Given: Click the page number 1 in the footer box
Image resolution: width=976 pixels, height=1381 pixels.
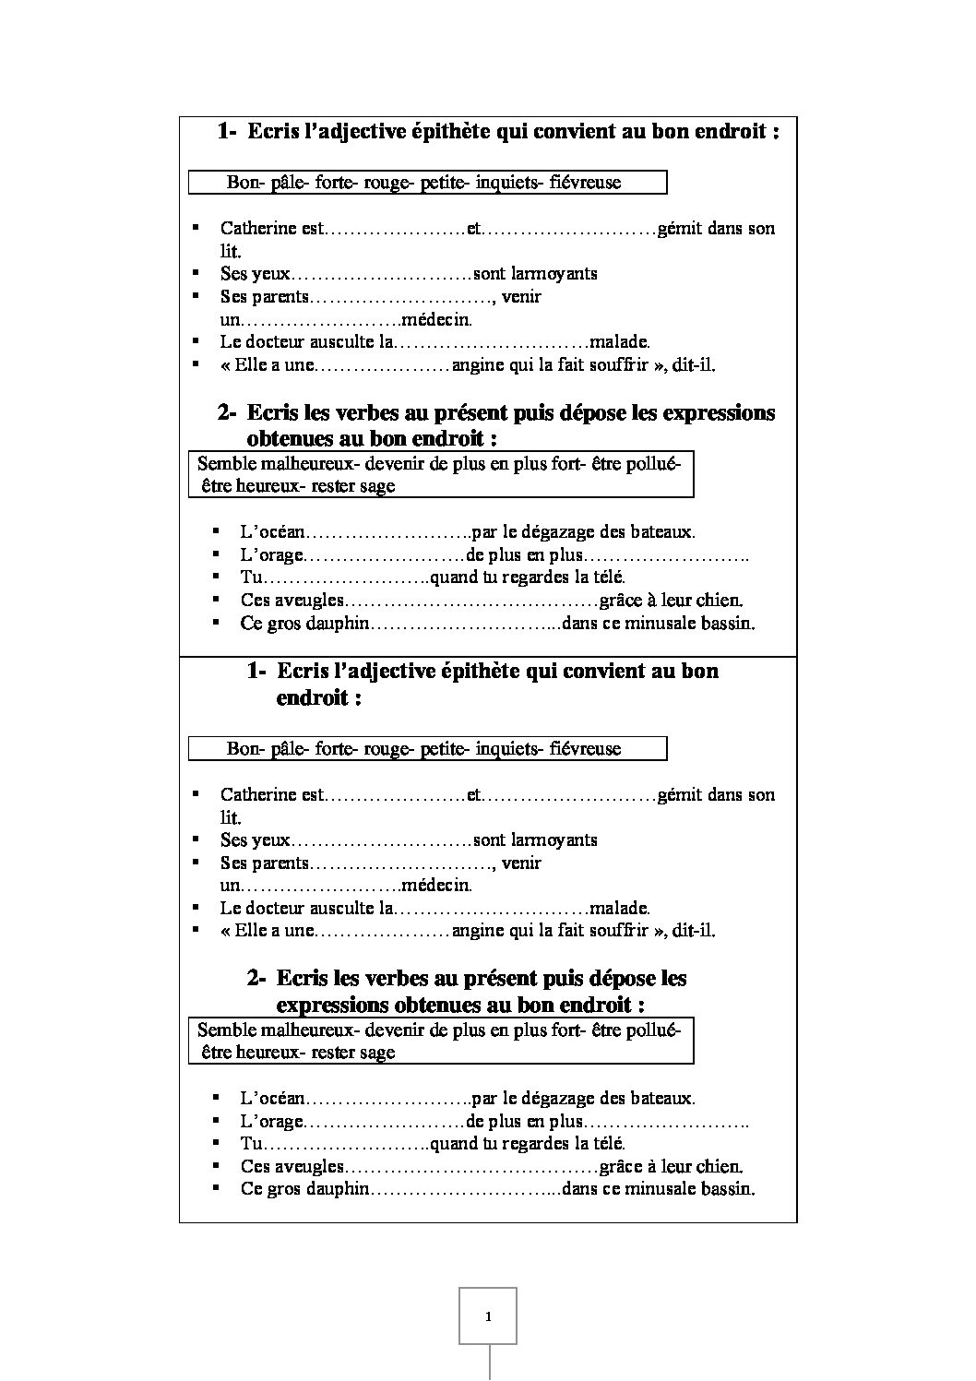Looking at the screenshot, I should pos(488,1316).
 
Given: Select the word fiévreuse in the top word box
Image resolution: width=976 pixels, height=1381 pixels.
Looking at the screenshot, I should pos(585,183).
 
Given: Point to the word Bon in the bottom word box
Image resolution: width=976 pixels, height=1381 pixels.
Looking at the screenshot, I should pos(244,749).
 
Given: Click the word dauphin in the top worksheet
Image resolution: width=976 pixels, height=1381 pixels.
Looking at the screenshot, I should pos(339,624).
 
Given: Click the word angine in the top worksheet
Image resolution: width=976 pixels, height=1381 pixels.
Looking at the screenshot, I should pos(478,364).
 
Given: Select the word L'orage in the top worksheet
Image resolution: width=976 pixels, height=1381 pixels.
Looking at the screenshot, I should pos(271,555).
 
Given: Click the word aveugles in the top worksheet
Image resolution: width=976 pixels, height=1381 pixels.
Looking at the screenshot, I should pos(307,601).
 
